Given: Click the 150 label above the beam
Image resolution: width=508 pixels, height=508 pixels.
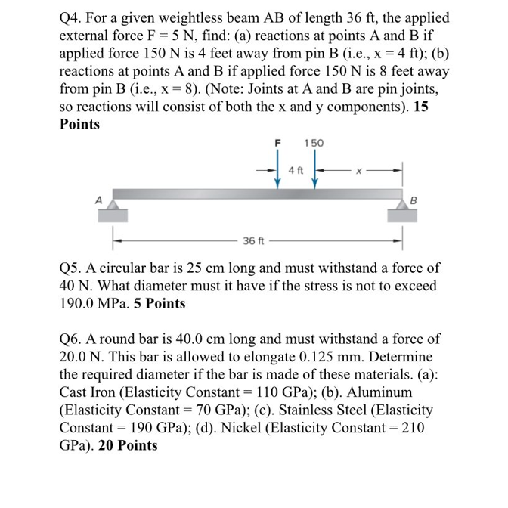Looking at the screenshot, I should click(314, 142).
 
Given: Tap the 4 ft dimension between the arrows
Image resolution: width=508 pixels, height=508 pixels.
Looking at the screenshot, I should click(296, 171).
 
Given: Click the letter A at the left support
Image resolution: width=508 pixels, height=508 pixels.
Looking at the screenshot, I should click(98, 200).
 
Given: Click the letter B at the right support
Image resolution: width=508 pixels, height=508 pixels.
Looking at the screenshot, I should click(413, 200).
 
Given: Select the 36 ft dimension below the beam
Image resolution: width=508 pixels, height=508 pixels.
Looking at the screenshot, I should click(253, 241).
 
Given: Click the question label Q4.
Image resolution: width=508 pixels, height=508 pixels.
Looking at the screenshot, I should click(72, 17).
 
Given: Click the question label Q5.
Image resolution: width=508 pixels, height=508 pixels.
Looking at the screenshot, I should click(72, 268).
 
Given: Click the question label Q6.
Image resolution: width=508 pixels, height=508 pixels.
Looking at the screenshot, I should click(72, 339).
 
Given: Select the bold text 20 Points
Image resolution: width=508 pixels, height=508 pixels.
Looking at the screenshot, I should click(128, 444).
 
